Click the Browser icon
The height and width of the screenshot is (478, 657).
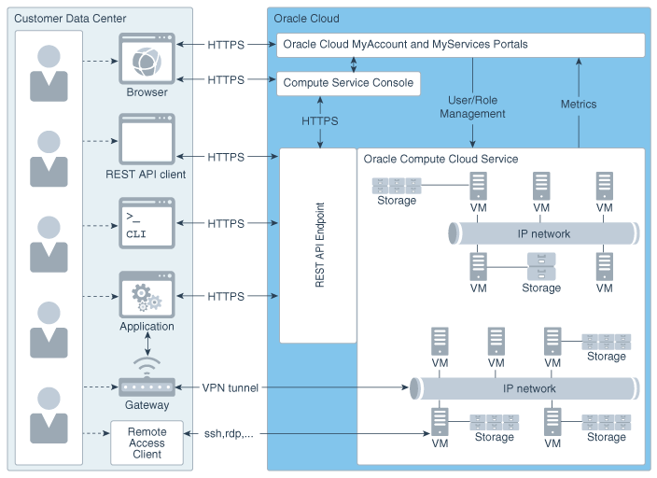[147, 59]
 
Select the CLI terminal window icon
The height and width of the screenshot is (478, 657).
[147, 222]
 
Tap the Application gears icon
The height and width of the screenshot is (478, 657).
[147, 295]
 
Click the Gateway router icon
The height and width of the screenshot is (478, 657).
[147, 386]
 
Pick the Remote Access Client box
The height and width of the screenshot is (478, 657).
[147, 441]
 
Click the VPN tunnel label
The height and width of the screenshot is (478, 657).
[230, 387]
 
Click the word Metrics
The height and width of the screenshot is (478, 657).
[579, 104]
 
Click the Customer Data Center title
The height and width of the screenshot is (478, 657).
[70, 19]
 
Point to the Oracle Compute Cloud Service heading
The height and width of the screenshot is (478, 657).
[440, 160]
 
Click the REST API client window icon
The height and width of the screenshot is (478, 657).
[147, 139]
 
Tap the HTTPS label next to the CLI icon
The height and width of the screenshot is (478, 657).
[226, 224]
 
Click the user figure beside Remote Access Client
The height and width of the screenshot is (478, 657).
[49, 415]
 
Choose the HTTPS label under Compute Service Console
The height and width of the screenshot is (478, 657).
[320, 121]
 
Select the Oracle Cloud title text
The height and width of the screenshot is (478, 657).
[306, 19]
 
